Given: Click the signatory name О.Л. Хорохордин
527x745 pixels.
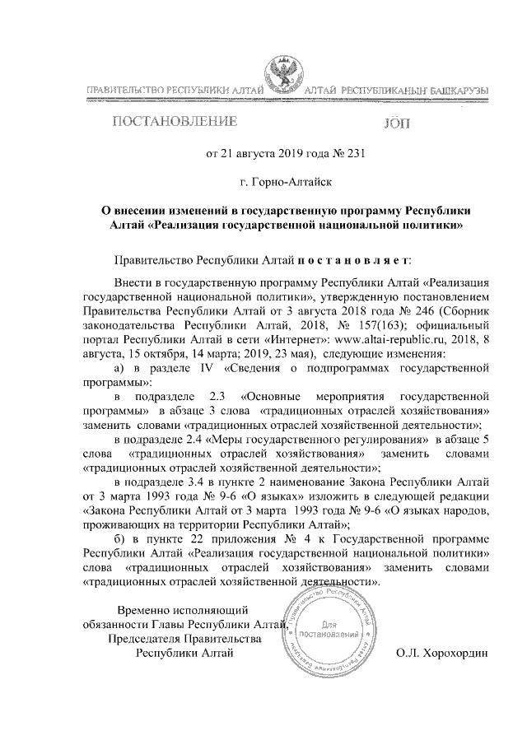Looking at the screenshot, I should [441, 654].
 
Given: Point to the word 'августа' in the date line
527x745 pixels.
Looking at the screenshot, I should [249, 153].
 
